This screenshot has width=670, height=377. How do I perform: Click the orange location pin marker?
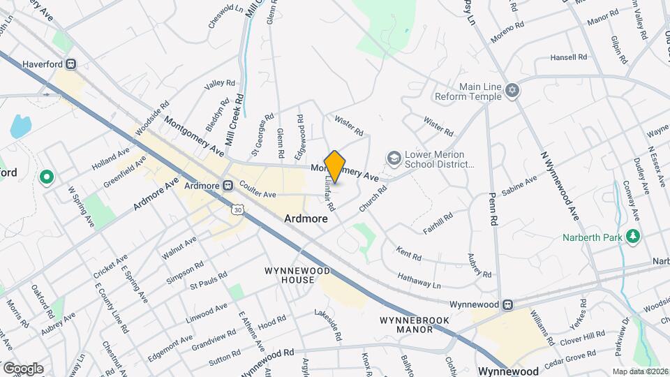tap(335, 167)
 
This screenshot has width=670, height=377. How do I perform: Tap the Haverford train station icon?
tap(71, 64)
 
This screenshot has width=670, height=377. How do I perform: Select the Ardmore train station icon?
tap(228, 186)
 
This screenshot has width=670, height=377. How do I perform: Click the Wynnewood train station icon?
tap(509, 304)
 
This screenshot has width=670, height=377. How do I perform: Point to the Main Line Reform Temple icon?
tap(513, 91)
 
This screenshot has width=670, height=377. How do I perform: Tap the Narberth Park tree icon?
tap(632, 236)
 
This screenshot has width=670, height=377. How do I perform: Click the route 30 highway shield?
tap(239, 209)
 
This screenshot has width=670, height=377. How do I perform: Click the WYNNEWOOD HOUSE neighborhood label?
tap(289, 275)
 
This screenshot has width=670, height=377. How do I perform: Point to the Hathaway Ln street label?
tap(419, 281)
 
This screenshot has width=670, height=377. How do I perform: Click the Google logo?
tap(23, 368)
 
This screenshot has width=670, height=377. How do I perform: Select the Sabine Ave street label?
tap(520, 189)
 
